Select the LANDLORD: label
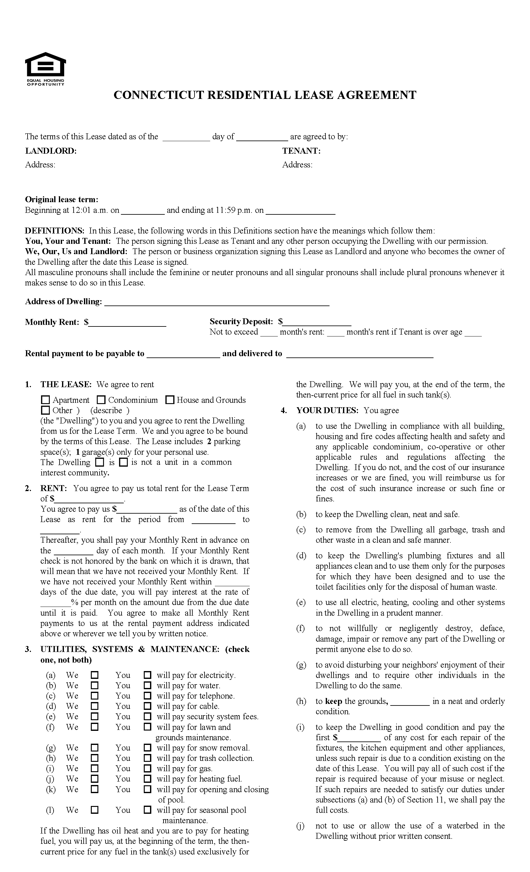coord(51,151)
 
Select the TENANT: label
coord(301,151)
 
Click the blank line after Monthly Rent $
coord(127,323)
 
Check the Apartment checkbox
coord(45,400)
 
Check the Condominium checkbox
coord(101,400)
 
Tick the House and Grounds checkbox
coord(170,400)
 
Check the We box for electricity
coord(95,675)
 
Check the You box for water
coord(148,685)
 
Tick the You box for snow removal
coord(148,748)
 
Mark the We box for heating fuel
coord(95,779)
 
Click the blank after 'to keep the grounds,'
coord(410,701)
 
